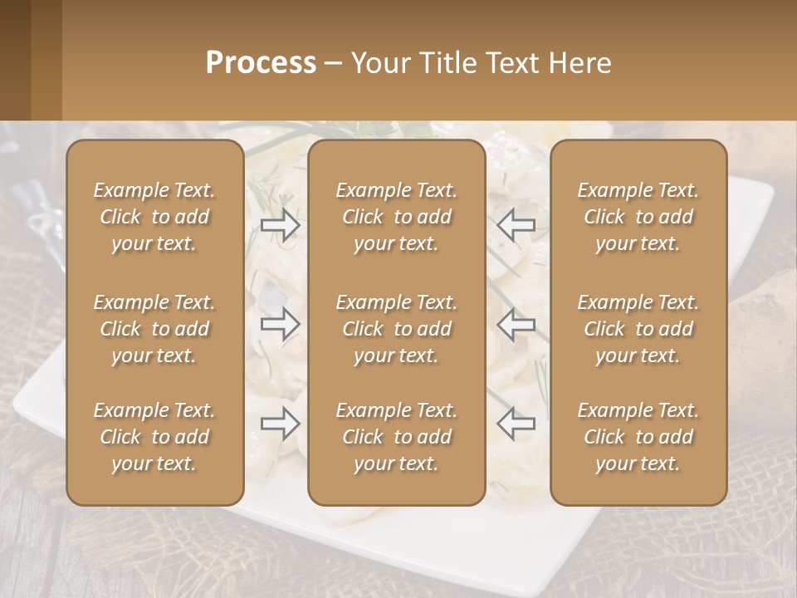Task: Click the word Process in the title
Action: click(261, 63)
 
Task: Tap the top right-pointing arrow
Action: click(280, 224)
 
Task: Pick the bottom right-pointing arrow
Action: click(280, 423)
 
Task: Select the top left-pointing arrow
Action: click(516, 224)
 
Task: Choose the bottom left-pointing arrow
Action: click(516, 423)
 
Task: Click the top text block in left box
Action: click(154, 217)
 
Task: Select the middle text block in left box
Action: click(154, 329)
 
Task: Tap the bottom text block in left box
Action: click(154, 437)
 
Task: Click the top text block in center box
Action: click(396, 217)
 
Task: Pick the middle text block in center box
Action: click(396, 329)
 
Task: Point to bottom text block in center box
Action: click(396, 437)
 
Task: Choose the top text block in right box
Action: click(638, 217)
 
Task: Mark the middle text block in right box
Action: click(638, 329)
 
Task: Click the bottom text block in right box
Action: click(638, 437)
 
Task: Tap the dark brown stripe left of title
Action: click(15, 60)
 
